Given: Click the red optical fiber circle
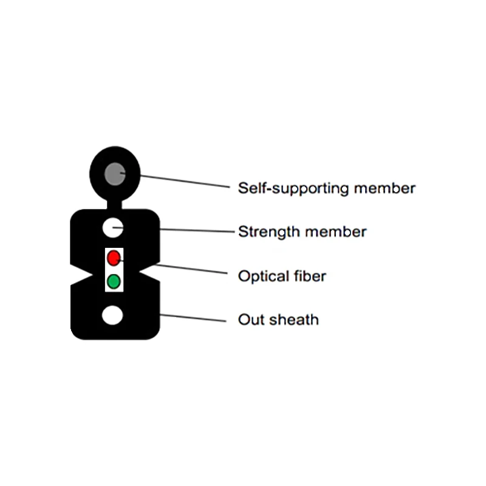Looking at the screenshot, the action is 113,258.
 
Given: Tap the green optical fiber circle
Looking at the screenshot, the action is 113,281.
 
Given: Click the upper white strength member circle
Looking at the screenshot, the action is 112,228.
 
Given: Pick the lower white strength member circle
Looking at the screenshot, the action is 112,315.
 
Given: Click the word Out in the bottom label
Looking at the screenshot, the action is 250,320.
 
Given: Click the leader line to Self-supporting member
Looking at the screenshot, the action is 182,181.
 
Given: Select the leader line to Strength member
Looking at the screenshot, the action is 194,230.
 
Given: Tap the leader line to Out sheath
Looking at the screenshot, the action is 194,318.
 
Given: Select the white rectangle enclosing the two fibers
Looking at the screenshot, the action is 114,269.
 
